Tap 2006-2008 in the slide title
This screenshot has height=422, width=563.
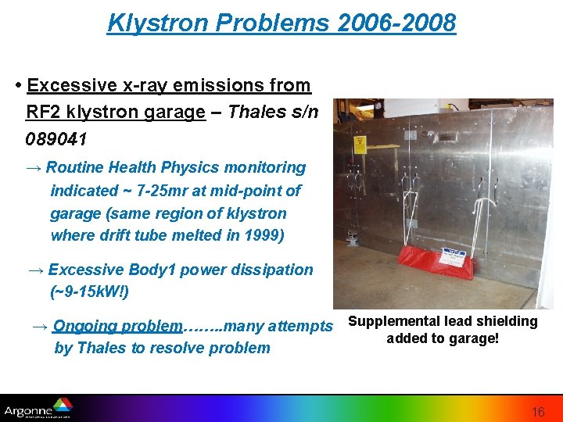click(x=396, y=23)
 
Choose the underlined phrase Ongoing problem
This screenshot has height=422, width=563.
click(x=117, y=326)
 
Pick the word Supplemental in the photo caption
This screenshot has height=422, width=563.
click(x=395, y=321)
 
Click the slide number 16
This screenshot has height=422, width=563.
click(x=539, y=412)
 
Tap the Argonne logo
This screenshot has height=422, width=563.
click(x=38, y=408)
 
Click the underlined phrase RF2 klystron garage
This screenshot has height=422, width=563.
click(x=115, y=112)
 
